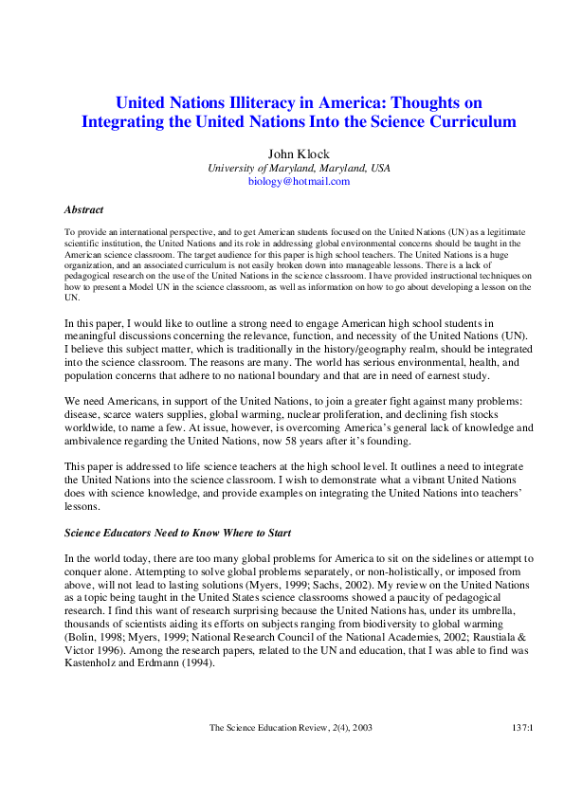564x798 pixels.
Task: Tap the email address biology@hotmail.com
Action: (299, 180)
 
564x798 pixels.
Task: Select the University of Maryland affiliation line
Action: (299, 167)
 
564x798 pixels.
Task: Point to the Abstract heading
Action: (83, 209)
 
